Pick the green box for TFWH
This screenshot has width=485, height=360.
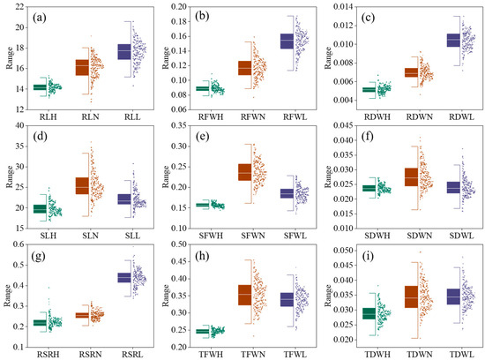tap(202, 332)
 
